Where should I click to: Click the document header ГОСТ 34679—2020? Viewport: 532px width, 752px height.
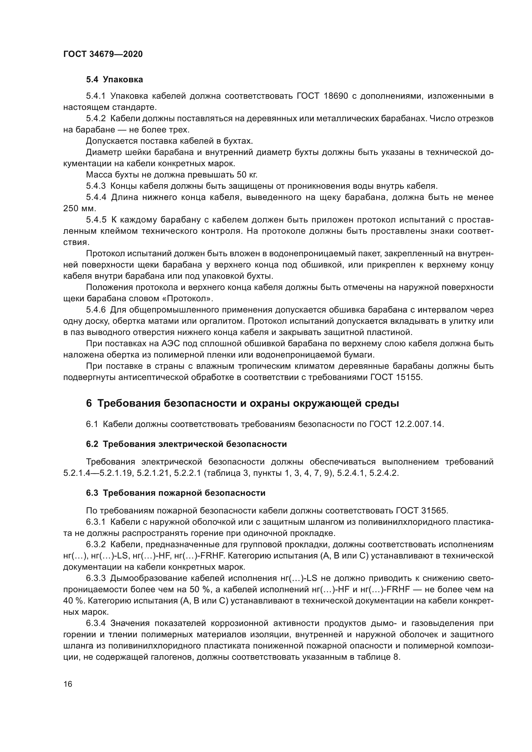(103, 54)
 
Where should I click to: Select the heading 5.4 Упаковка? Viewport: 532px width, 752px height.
(114, 80)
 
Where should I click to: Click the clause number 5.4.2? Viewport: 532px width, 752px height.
(96, 119)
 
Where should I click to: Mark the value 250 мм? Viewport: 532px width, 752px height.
(79, 208)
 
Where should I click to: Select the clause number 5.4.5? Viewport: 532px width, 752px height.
(96, 220)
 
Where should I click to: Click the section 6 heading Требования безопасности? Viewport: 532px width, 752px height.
(243, 403)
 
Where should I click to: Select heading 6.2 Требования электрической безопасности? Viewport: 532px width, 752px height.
(187, 444)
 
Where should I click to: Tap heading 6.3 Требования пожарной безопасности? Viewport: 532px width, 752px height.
(176, 493)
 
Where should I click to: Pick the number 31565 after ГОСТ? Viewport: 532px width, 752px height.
(433, 511)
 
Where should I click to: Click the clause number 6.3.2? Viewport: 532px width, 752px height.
(96, 544)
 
